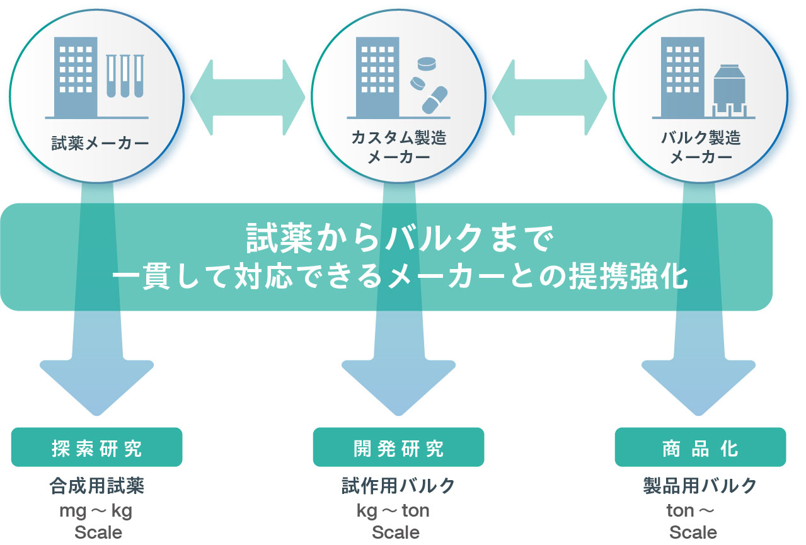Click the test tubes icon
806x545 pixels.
(124, 76)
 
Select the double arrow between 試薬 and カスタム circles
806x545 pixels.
(247, 97)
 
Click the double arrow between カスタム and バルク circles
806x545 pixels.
(549, 97)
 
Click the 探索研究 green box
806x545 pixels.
(96, 448)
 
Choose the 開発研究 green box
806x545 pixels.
(398, 448)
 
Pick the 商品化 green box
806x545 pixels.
(700, 448)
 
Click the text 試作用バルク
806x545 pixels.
(398, 486)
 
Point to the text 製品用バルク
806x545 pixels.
(699, 486)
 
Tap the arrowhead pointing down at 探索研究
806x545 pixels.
(96, 385)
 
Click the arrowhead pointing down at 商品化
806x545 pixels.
(699, 385)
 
